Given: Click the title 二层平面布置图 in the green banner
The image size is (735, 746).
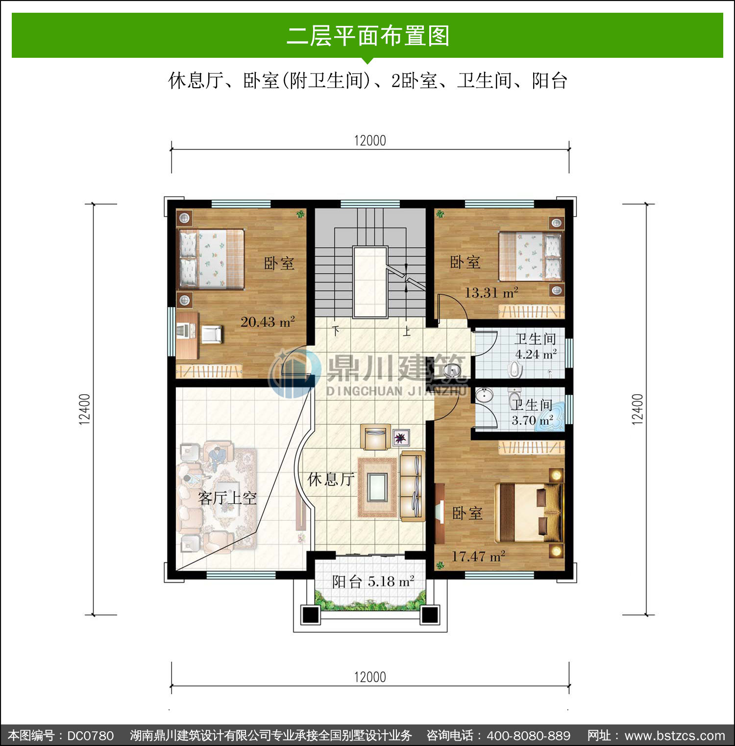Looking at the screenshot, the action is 367,36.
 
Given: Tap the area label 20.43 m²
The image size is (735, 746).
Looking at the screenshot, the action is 268,322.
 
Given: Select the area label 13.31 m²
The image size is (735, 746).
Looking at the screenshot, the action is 491,292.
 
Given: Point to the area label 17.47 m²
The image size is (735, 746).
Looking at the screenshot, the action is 478,556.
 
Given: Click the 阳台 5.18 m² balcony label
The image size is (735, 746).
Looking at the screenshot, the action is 373,581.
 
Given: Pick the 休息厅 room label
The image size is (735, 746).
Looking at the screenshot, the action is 331,479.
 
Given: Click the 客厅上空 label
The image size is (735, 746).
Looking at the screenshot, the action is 227,498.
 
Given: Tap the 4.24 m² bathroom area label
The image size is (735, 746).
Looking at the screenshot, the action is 536,354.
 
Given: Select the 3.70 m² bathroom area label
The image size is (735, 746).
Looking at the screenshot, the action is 532,420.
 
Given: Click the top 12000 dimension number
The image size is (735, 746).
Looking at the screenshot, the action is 370,141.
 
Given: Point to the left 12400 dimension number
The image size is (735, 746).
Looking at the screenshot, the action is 85,409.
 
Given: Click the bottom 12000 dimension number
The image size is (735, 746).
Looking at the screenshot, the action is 370,677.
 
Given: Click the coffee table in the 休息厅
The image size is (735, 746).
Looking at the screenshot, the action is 377,487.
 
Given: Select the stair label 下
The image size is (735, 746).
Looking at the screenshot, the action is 336,331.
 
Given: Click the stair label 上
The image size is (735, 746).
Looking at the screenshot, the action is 407,332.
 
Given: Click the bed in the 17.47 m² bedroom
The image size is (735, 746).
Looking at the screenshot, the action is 529,512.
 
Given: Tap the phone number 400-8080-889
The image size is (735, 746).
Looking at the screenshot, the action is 529,736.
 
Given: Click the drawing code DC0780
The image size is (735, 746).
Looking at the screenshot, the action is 91,736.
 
